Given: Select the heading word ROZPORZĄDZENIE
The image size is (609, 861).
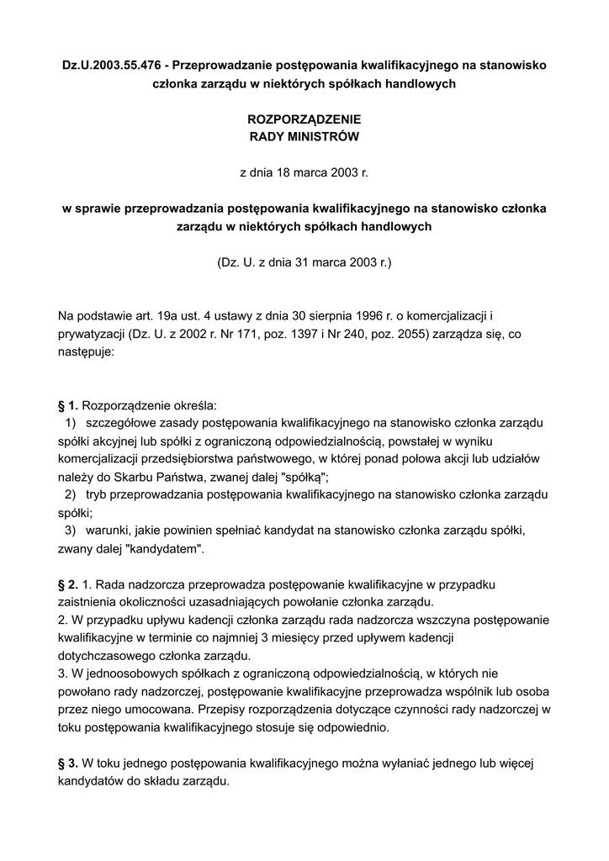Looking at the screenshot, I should coord(304,120).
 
